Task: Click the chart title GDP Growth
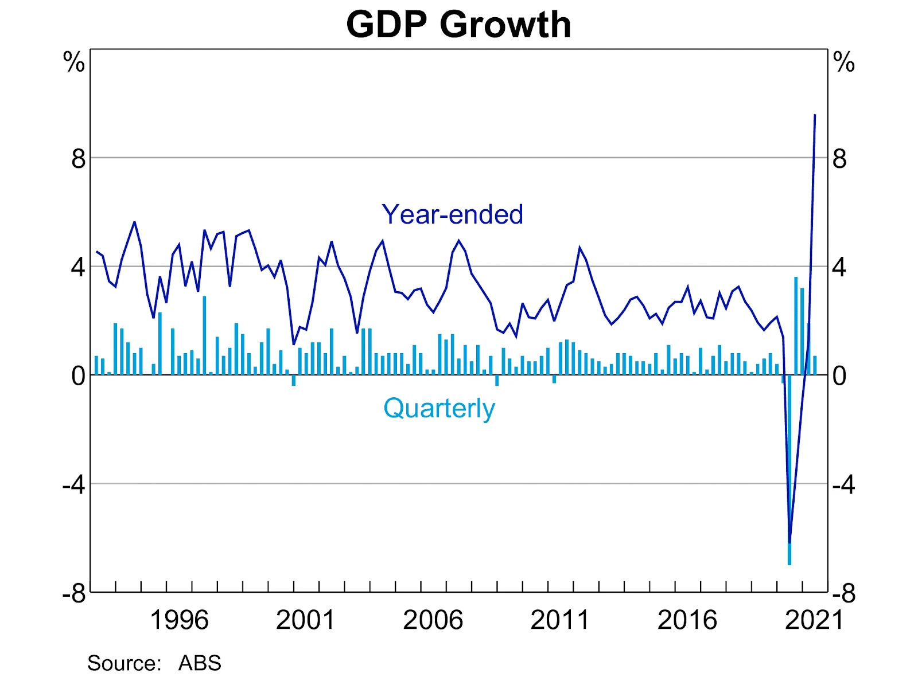coord(458,25)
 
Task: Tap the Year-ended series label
coord(452,214)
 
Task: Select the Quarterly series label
coord(439,408)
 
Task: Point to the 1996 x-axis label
coord(179,620)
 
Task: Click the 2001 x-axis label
coord(305,620)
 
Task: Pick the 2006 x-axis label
coord(433,620)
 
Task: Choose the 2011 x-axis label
coord(560,620)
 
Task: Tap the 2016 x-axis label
coord(687,620)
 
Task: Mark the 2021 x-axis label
coord(814,620)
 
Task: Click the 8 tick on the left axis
coord(79,159)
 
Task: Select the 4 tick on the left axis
coord(79,267)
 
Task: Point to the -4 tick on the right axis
coord(843,485)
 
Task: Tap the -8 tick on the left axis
coord(75,593)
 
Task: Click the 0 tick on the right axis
coord(839,376)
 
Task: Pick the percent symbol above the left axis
coord(74,62)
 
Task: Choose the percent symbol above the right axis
coord(844,62)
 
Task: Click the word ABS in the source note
coord(200,663)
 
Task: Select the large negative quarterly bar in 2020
coord(789,470)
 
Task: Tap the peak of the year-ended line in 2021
coord(815,115)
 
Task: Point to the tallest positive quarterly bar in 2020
coord(796,326)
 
